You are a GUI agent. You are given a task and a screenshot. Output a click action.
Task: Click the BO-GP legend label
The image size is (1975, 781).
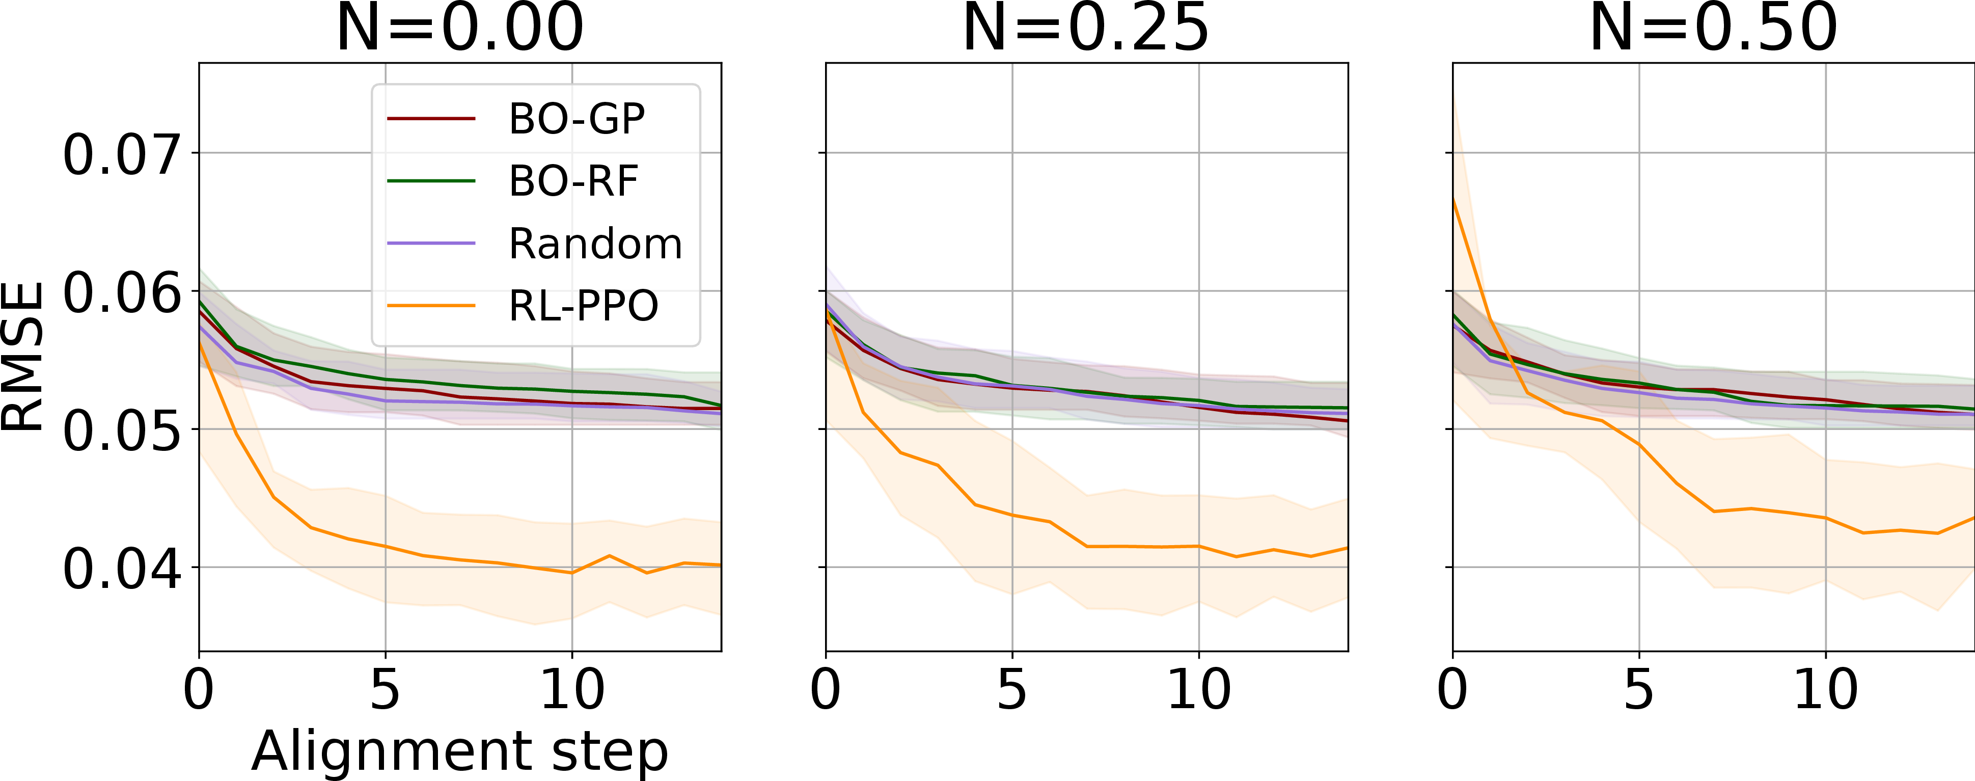pos(577,120)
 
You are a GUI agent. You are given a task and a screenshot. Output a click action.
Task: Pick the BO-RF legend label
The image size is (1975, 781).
pos(573,182)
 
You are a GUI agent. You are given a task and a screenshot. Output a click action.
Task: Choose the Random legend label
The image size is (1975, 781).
pos(595,244)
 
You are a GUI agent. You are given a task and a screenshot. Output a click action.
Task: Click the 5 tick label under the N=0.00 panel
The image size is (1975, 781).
pos(385,689)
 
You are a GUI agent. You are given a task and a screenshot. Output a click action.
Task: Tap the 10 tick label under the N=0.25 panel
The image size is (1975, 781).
pos(1198,689)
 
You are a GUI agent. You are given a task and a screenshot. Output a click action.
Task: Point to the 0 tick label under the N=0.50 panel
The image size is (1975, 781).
pos(1452,689)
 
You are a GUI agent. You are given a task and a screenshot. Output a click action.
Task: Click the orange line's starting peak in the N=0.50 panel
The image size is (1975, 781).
pos(1453,199)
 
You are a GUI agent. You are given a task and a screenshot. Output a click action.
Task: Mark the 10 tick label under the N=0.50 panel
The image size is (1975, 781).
pos(1825,689)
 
